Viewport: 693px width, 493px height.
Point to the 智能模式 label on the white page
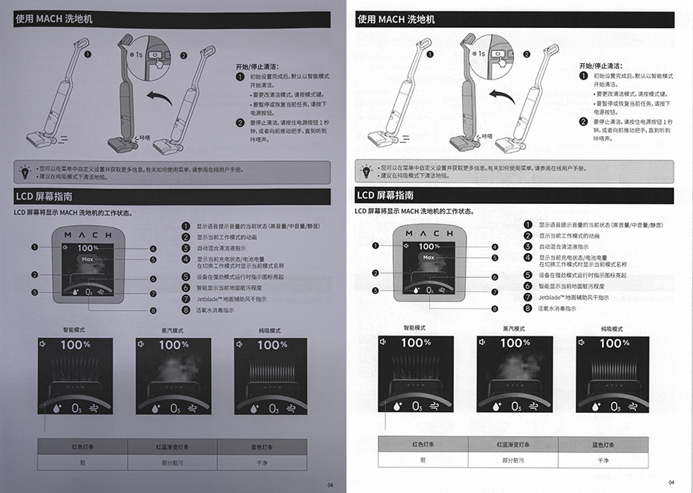(x=414, y=329)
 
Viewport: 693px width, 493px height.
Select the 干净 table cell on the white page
(x=602, y=460)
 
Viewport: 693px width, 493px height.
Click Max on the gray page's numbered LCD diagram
(x=88, y=258)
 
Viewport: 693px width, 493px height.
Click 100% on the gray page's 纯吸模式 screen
(x=272, y=344)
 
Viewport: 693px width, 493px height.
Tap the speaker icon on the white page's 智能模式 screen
(x=384, y=342)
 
